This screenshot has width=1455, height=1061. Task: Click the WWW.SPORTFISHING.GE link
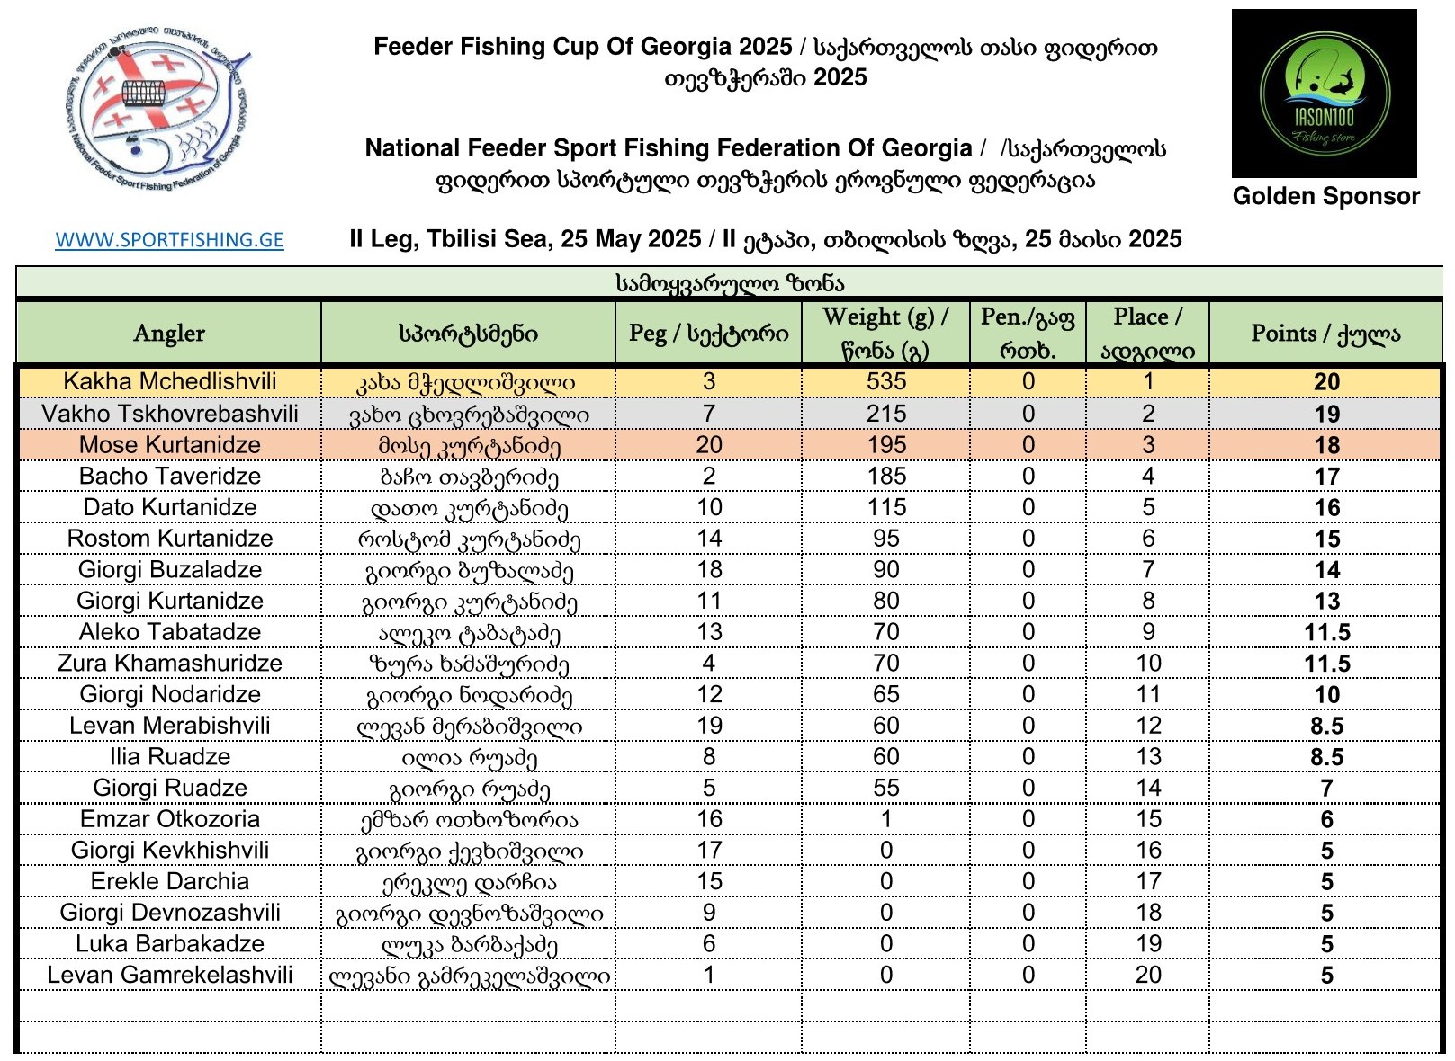pyautogui.click(x=169, y=240)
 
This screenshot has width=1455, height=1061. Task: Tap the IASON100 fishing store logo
pyautogui.click(x=1324, y=94)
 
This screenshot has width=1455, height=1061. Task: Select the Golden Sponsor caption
pyautogui.click(x=1325, y=196)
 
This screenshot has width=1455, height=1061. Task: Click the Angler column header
pyautogui.click(x=169, y=334)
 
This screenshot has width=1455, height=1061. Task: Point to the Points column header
pyautogui.click(x=1325, y=334)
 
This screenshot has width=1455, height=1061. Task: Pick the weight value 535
pyautogui.click(x=886, y=381)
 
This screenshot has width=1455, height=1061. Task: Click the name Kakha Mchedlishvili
pyautogui.click(x=169, y=381)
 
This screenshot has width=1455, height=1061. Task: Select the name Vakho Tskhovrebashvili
pyautogui.click(x=169, y=414)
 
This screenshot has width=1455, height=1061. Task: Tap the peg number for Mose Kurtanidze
pyautogui.click(x=709, y=445)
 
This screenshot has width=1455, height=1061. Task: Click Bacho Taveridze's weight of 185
pyautogui.click(x=886, y=477)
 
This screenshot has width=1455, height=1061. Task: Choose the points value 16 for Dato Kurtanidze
pyautogui.click(x=1326, y=508)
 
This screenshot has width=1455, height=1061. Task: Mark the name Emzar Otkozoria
pyautogui.click(x=169, y=819)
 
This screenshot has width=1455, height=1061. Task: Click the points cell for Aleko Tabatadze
pyautogui.click(x=1326, y=633)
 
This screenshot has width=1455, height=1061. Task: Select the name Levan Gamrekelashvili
pyautogui.click(x=169, y=976)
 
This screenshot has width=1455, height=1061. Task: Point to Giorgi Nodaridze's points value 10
pyautogui.click(x=1326, y=695)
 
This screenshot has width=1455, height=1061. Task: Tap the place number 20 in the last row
pyautogui.click(x=1148, y=976)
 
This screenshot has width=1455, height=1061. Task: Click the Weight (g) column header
pyautogui.click(x=885, y=334)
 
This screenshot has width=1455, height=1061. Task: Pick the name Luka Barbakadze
pyautogui.click(x=169, y=944)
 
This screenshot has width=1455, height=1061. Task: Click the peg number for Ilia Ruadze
pyautogui.click(x=709, y=757)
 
